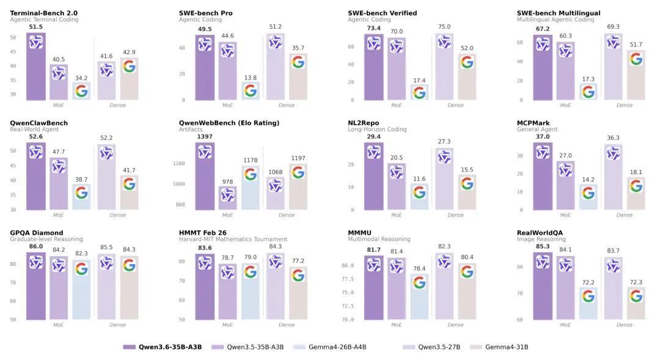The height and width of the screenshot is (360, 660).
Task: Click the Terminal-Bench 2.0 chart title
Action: coord(43,13)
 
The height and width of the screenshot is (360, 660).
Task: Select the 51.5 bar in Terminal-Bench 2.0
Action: coord(36,67)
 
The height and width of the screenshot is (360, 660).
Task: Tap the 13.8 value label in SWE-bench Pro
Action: coord(250,78)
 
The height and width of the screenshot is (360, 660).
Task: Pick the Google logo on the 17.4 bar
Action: coord(419,92)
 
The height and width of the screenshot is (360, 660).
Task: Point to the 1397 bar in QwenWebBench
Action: coord(205,177)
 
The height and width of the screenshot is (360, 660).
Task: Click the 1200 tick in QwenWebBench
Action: coord(179,164)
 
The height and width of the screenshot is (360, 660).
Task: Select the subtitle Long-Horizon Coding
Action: coord(376,130)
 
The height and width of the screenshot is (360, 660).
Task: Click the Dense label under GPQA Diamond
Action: coord(117,325)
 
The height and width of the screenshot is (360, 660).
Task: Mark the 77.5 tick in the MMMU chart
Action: coord(347,279)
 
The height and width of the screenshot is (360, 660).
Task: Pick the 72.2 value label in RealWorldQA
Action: coord(588,283)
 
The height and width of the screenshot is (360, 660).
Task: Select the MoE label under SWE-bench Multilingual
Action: coord(565,105)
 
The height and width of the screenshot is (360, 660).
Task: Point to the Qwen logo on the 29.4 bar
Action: coord(374,152)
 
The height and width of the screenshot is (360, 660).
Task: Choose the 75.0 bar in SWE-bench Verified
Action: coord(444,67)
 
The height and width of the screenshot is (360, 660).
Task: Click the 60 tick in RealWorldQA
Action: coord(519,320)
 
